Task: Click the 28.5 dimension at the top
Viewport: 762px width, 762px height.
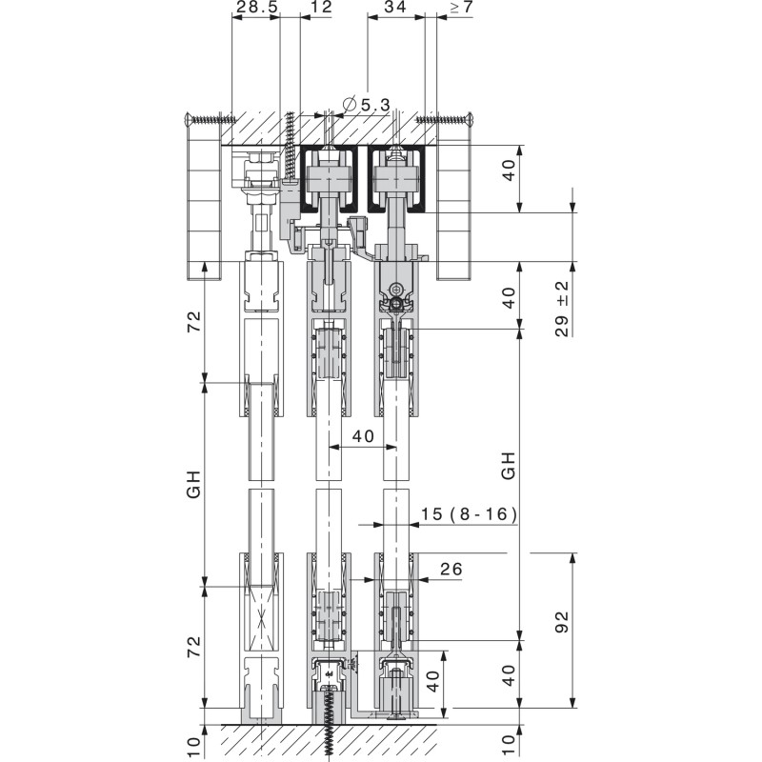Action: [x=256, y=7]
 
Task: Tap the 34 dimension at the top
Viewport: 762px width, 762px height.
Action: [x=394, y=7]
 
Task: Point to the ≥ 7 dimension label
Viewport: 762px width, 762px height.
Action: [x=461, y=8]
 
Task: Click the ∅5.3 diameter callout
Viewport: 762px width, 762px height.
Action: [x=366, y=104]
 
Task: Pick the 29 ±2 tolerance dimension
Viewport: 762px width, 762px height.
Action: [x=562, y=309]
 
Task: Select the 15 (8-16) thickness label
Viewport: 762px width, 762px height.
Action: [x=469, y=514]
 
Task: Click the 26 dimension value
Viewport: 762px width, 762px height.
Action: [x=451, y=569]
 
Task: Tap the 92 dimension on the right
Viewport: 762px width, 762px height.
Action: [x=561, y=622]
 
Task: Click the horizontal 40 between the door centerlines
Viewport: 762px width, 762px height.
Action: [x=363, y=436]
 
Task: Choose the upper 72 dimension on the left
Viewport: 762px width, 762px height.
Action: [x=194, y=322]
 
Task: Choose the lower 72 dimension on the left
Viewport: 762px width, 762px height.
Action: [x=194, y=647]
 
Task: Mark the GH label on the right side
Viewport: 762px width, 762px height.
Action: [x=508, y=466]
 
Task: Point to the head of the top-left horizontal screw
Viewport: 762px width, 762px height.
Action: [x=190, y=119]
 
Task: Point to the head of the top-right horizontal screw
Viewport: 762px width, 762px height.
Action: [x=470, y=119]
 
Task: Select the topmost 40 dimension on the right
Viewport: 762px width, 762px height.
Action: [x=509, y=170]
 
